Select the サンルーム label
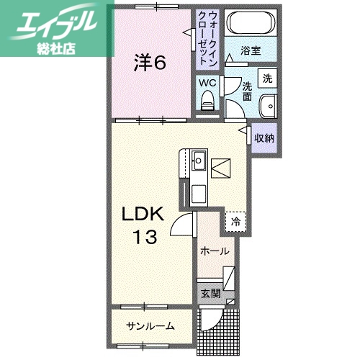tap(150, 325)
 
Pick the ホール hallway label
tap(215, 251)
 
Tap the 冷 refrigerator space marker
tap(235, 222)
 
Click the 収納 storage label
tap(264, 137)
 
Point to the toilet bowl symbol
tap(209, 100)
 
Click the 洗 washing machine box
tap(267, 77)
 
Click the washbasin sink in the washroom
tap(266, 104)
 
